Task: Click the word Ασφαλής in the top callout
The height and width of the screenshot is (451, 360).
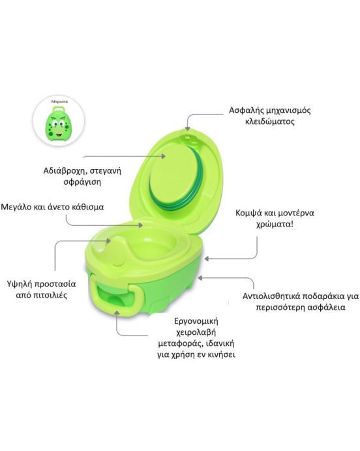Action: [245, 110]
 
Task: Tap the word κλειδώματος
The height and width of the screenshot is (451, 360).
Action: [270, 121]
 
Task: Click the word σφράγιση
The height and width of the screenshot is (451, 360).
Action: [82, 182]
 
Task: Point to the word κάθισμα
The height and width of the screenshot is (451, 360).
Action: [87, 207]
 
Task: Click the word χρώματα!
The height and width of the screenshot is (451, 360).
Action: [275, 225]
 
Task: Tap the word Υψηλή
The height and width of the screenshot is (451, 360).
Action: [19, 284]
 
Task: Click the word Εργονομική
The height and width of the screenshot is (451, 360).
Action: [196, 321]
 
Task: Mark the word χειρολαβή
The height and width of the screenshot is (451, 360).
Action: [196, 332]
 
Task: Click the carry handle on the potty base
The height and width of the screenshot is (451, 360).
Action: [113, 296]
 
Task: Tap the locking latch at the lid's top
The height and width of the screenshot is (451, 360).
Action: [189, 138]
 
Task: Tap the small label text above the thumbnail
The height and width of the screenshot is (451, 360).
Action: [59, 102]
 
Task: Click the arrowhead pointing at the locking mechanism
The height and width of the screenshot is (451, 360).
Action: [187, 129]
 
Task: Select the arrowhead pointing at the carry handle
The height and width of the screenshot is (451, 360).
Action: [117, 313]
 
